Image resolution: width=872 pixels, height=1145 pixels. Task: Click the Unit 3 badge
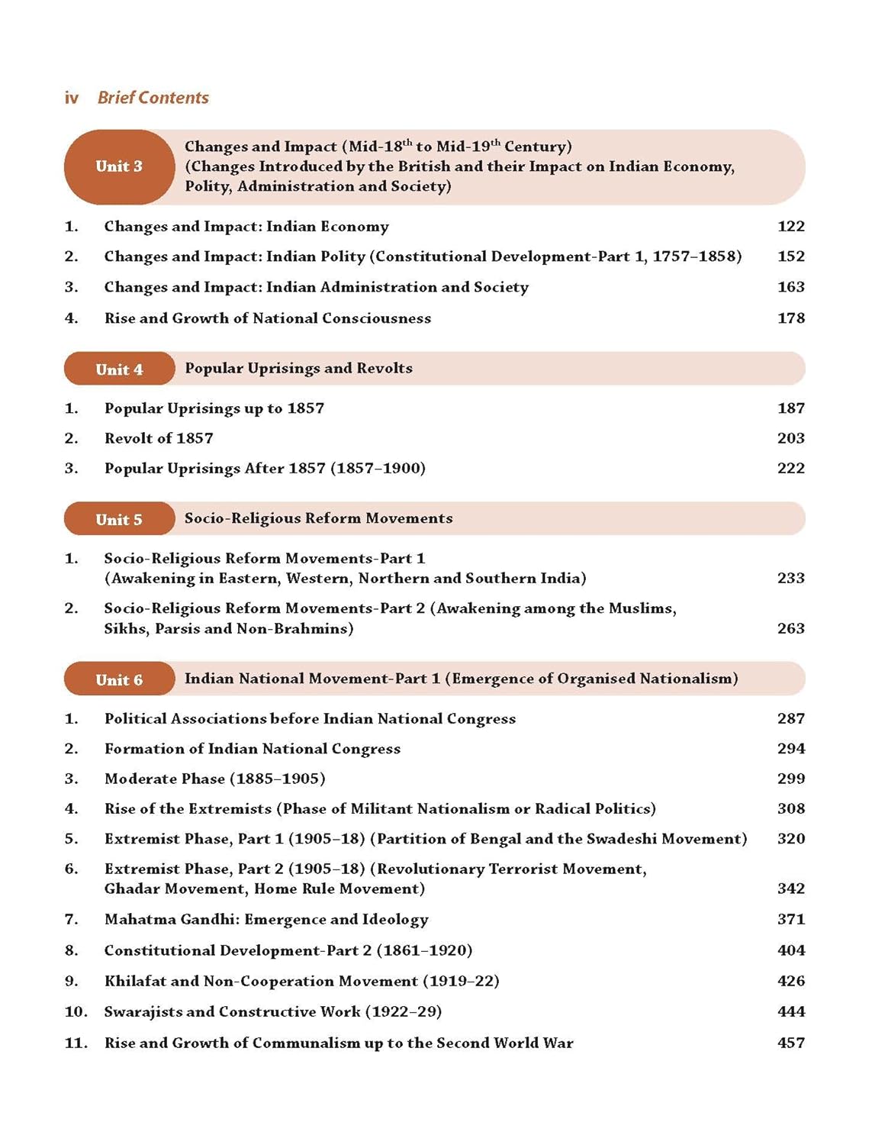coord(119,166)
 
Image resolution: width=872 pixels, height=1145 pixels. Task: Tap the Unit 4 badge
coord(119,369)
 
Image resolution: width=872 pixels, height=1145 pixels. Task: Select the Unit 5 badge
coord(119,520)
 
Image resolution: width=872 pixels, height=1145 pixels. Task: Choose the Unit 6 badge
coord(119,680)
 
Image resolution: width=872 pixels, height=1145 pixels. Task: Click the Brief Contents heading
coord(153,98)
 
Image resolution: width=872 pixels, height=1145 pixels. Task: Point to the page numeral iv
coord(72,98)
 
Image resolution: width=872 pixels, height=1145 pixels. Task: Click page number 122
coord(791,226)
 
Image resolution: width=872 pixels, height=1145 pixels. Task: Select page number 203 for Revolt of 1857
coord(791,438)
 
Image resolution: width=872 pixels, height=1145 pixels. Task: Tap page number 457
coord(791,1043)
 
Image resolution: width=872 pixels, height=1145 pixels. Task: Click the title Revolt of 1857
coord(159,438)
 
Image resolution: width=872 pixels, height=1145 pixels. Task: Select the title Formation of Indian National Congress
coord(253,749)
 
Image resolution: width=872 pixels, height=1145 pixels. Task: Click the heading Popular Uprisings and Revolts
coord(298,369)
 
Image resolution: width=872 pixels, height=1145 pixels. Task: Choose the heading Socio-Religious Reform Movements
coord(318,518)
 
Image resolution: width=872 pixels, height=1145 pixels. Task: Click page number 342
coord(791,889)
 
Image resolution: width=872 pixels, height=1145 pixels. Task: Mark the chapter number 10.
coord(76,1012)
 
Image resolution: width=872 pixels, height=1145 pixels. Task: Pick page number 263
coord(791,628)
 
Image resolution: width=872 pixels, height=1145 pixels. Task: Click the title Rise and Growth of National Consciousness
coord(268,318)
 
